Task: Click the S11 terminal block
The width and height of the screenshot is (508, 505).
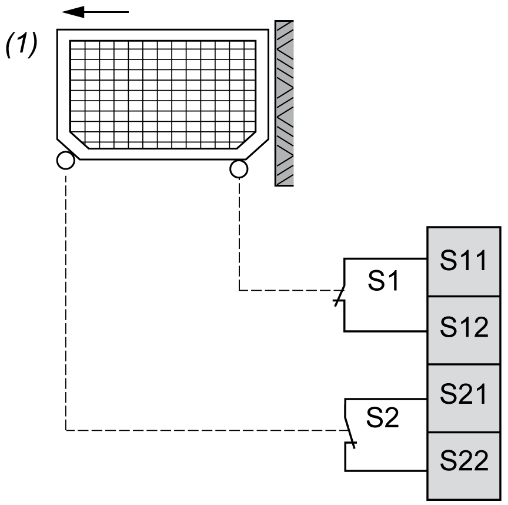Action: [x=464, y=261]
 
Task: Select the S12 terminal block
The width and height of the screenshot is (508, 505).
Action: [x=464, y=330]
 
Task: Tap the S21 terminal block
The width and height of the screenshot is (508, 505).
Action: [x=464, y=398]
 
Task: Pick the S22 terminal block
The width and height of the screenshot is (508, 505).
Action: [x=464, y=466]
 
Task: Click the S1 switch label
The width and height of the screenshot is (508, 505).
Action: [x=384, y=282]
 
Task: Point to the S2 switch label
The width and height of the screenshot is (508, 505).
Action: [x=383, y=418]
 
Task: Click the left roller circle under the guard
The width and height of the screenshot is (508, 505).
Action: [x=65, y=161]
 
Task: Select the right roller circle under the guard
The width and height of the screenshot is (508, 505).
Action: [x=239, y=169]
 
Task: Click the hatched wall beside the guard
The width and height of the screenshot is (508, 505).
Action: [x=284, y=103]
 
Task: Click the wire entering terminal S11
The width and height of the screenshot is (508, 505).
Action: [x=385, y=258]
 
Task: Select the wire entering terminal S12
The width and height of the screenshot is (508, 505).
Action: [x=385, y=331]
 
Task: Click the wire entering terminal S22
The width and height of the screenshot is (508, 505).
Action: [x=385, y=471]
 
